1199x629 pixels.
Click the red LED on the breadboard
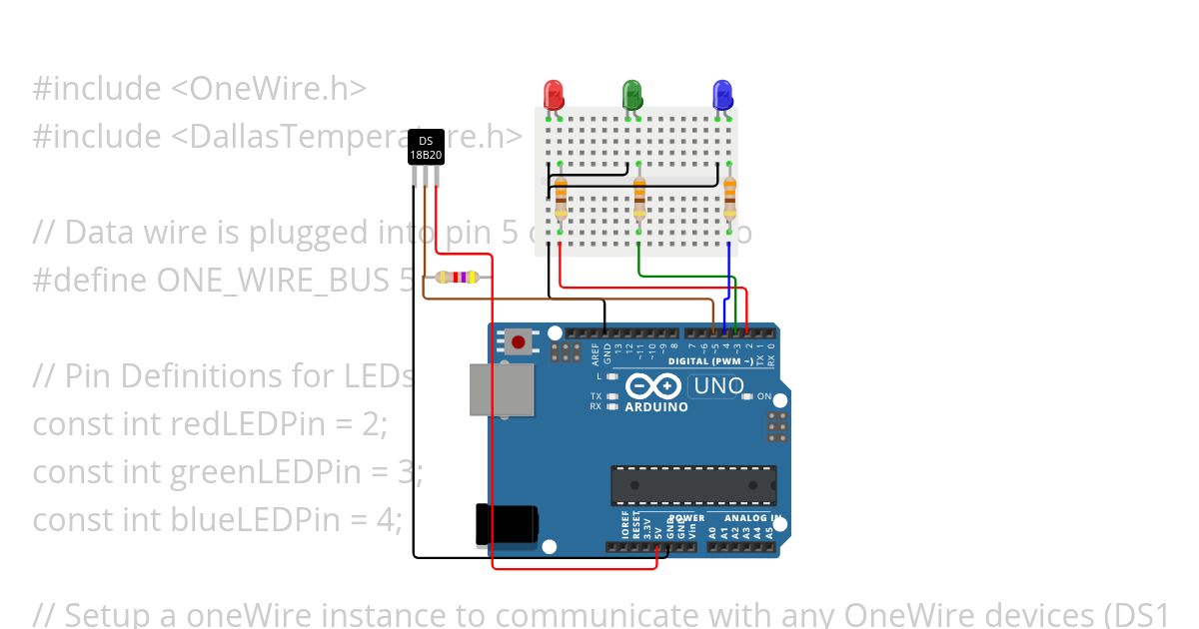click(554, 95)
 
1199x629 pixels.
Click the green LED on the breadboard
click(631, 95)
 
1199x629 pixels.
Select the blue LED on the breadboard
click(721, 95)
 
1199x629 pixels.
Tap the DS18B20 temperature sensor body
click(426, 148)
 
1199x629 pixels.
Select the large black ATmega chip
click(693, 485)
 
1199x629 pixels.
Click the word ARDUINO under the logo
click(655, 407)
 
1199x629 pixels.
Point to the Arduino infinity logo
click(654, 386)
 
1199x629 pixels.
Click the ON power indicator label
click(764, 396)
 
